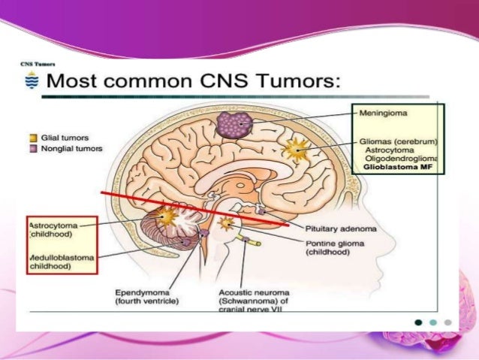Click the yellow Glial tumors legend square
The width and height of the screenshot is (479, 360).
point(32,138)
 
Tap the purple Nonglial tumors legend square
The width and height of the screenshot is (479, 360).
point(32,148)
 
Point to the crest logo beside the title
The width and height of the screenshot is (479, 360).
point(30,80)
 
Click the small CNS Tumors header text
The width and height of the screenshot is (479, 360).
point(35,65)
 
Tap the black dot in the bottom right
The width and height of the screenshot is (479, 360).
point(419,322)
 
